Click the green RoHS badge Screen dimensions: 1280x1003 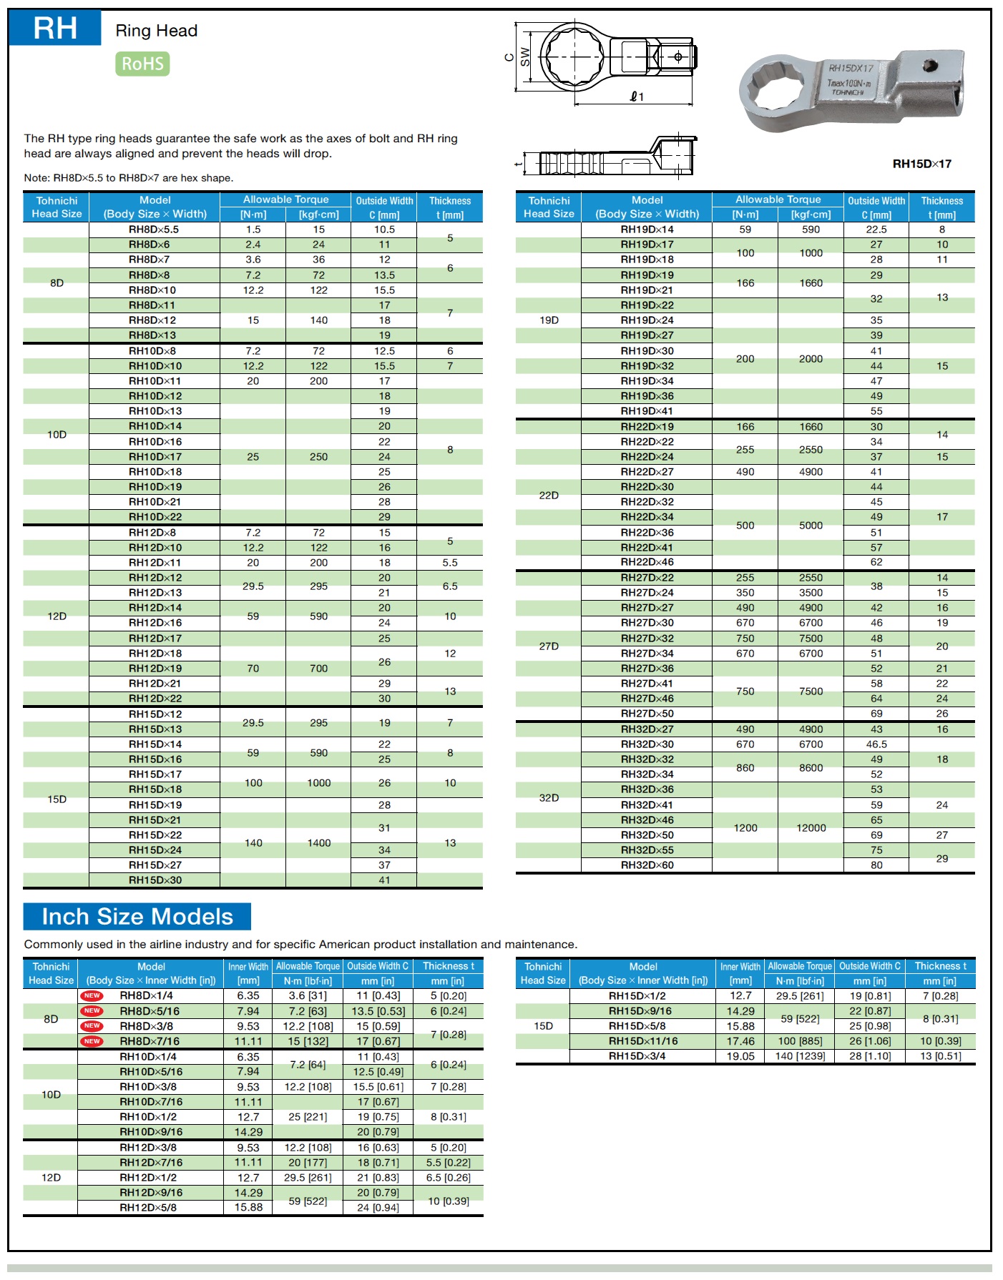[142, 64]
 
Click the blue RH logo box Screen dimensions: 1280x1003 [55, 28]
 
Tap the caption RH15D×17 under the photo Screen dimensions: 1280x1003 [921, 164]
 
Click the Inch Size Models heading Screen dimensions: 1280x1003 [137, 917]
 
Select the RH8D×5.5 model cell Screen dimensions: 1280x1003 [154, 230]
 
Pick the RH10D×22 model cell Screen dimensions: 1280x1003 [155, 517]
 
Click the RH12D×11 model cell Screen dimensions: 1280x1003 [155, 563]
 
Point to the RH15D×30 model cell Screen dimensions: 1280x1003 [155, 880]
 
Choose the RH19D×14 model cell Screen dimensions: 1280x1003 [647, 230]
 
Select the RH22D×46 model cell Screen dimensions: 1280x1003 [647, 562]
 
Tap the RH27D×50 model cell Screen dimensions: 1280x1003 [647, 714]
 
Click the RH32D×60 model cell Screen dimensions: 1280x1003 [647, 865]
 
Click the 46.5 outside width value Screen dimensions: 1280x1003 [876, 744]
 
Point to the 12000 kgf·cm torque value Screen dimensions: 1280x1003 [811, 828]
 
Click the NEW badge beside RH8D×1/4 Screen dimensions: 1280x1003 [92, 995]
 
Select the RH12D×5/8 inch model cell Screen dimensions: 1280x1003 [148, 1208]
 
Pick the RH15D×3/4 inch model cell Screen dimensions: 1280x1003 [637, 1056]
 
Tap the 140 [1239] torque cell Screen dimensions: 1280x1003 [799, 1056]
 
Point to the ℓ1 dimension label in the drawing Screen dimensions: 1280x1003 [637, 97]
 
